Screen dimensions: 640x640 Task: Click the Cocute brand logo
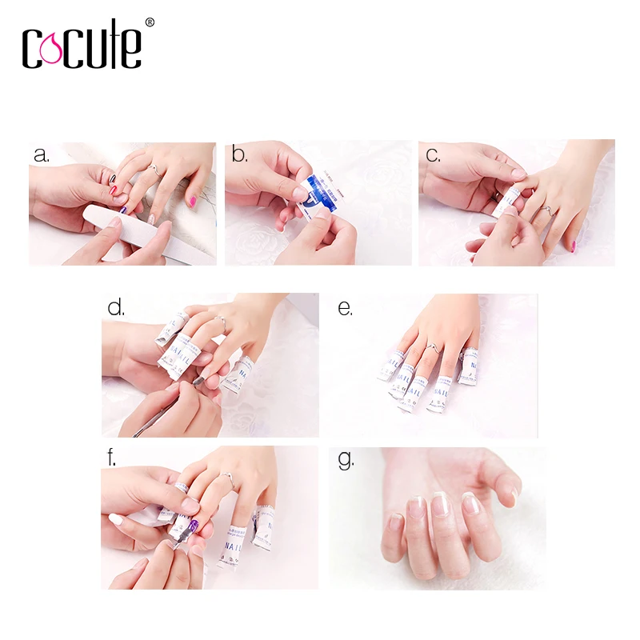(82, 46)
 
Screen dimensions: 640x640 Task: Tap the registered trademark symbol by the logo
(150, 23)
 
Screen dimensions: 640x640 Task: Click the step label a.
(42, 154)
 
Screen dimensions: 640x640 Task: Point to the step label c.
(433, 154)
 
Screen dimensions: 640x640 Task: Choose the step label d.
(116, 307)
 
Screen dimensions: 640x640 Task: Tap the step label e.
(345, 308)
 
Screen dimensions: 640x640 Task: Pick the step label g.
(346, 461)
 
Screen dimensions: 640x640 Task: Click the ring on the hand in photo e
(433, 347)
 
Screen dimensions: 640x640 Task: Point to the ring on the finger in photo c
(546, 210)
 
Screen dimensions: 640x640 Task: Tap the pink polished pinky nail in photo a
(192, 200)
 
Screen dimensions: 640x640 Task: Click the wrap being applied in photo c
(505, 203)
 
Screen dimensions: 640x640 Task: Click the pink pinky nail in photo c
(573, 246)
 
